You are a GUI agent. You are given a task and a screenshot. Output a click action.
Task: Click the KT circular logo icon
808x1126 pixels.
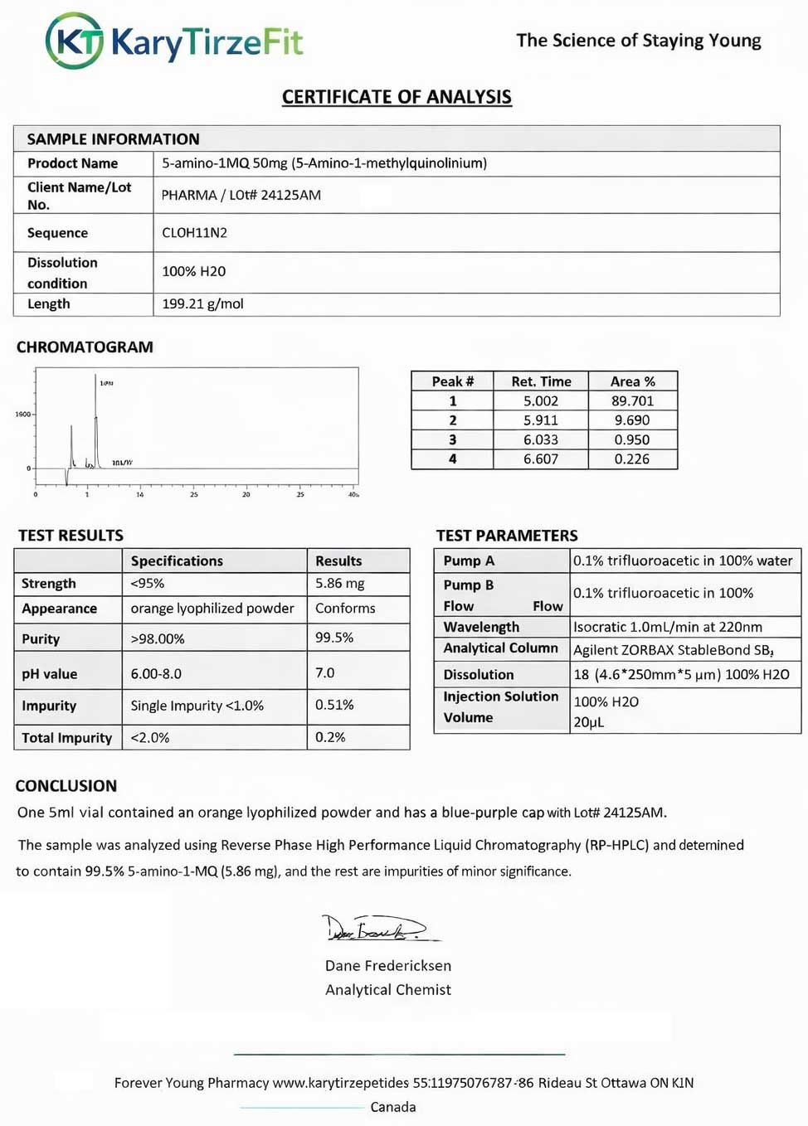[x=75, y=41]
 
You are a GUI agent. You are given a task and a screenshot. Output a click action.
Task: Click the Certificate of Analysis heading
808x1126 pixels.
[x=397, y=97]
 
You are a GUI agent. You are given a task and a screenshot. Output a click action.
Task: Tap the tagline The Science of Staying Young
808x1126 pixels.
[x=638, y=41]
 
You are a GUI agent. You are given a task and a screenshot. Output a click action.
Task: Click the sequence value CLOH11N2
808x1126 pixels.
[x=194, y=233]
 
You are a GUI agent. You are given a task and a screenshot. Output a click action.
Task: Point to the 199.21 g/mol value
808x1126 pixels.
[x=202, y=304]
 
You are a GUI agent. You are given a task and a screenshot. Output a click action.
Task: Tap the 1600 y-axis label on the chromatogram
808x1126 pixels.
[x=22, y=414]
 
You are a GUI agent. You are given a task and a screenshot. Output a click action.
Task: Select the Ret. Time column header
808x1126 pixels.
[x=541, y=381]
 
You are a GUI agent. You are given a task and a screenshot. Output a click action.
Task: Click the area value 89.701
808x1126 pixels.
[x=632, y=401]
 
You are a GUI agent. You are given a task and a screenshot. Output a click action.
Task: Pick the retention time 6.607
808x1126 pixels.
[x=540, y=459]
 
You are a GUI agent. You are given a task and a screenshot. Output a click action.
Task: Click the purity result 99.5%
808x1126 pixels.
[x=334, y=638]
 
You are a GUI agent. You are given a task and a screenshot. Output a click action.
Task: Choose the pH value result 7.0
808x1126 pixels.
[x=325, y=672]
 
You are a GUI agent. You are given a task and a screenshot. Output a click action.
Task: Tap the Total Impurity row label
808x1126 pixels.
[x=66, y=738]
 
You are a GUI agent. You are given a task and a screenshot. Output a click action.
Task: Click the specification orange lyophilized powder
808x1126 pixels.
[x=212, y=609]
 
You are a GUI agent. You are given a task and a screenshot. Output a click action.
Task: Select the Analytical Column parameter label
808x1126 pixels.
[x=500, y=648]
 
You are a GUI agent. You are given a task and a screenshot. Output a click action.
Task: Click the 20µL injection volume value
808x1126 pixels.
[x=589, y=722]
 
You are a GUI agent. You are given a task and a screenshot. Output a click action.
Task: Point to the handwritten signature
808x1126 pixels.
[x=377, y=929]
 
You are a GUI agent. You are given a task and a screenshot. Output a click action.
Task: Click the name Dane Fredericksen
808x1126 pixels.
[x=388, y=966]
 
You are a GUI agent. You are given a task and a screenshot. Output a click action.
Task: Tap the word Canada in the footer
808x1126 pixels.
[x=393, y=1107]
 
